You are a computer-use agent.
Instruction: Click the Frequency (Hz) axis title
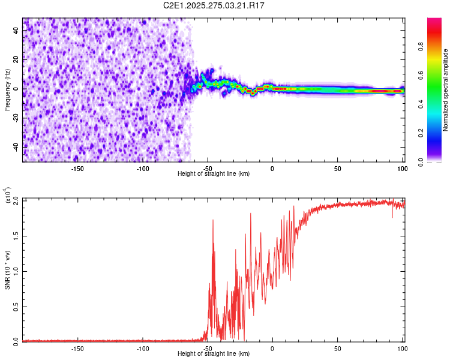pos(7,90)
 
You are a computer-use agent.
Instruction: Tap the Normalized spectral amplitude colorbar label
pos(446,90)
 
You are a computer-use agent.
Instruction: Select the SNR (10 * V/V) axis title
pos(7,270)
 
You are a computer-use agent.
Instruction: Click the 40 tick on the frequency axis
pos(16,31)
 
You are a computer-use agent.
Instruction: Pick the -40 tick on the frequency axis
pos(14,147)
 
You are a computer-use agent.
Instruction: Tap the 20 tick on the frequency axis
pos(16,60)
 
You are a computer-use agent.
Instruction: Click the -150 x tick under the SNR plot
pos(77,349)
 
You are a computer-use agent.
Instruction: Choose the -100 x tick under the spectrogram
pos(143,169)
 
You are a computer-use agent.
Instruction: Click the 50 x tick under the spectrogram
pos(338,169)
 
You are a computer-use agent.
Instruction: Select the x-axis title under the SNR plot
pos(214,354)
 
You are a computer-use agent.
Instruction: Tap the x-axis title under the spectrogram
pos(214,173)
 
